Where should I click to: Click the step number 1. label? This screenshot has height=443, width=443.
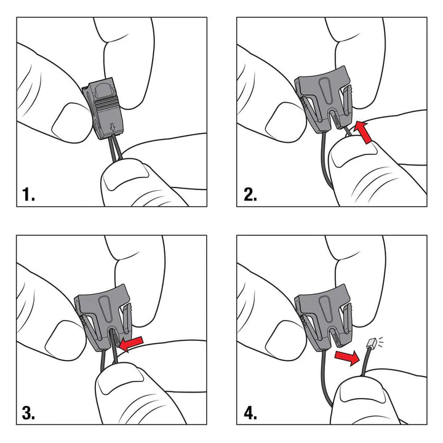[x=29, y=195]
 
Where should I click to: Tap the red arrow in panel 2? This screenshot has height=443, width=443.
[x=364, y=131]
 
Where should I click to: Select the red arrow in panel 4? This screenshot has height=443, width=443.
[x=346, y=358]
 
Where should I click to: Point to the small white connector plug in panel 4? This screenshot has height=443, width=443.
[x=372, y=342]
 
